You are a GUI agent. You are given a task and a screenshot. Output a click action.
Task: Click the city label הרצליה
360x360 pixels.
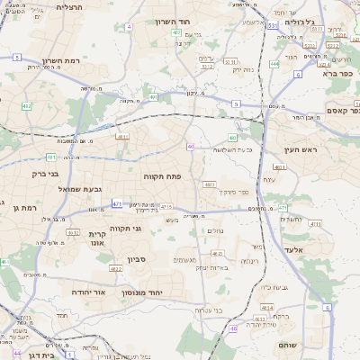[x=69, y=6]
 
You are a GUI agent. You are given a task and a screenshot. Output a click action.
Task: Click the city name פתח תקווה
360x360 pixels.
[x=162, y=176]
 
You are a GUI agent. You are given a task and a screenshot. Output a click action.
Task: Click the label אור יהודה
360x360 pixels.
[x=88, y=293]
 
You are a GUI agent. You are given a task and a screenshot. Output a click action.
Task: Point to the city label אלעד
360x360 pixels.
[x=292, y=249]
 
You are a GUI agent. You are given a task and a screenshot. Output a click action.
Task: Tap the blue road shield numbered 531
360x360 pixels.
[x=272, y=26]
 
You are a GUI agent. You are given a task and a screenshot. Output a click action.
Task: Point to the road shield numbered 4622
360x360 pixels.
[x=116, y=268]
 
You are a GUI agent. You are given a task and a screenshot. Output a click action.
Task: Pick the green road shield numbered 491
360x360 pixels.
[x=154, y=96]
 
